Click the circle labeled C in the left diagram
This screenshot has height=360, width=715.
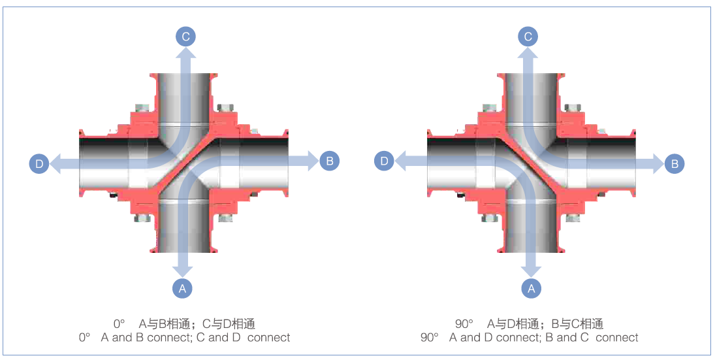[185, 37]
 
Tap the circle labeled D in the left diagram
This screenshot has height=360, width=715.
[39, 163]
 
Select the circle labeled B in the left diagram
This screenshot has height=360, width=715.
[329, 161]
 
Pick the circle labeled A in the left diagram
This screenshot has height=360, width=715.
[182, 287]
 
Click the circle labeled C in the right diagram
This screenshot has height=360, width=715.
[528, 37]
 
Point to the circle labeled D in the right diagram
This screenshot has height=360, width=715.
[385, 160]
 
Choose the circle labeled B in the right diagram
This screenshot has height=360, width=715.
[675, 163]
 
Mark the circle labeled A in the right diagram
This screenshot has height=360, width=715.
[531, 287]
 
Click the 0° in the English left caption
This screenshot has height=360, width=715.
[84, 338]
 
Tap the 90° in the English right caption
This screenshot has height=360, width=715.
[429, 338]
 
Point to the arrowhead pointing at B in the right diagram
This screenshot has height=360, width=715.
[658, 163]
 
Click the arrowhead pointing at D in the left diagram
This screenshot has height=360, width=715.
[56, 163]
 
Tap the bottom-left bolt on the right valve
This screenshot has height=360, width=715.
[488, 218]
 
